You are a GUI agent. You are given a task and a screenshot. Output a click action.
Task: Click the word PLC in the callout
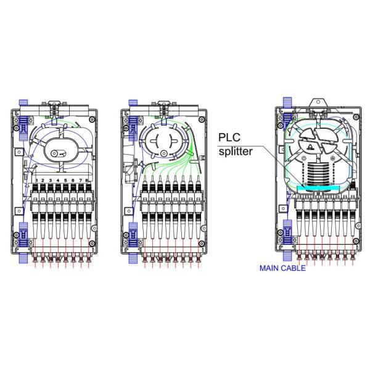pyautogui.click(x=229, y=138)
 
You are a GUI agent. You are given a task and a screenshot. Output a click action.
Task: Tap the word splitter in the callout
pyautogui.click(x=236, y=151)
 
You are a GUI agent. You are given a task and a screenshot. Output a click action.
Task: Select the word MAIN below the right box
pyautogui.click(x=269, y=268)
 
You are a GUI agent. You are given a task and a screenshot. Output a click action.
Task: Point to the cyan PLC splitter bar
pyautogui.click(x=318, y=188)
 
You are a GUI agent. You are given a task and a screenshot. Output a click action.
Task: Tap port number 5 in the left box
pyautogui.click(x=65, y=181)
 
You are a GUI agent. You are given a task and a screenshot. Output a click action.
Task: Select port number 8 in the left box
pyautogui.click(x=86, y=181)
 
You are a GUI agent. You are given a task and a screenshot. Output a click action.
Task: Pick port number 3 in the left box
pyautogui.click(x=51, y=181)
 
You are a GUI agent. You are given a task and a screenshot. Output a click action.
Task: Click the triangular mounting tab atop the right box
pyautogui.click(x=318, y=103)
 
